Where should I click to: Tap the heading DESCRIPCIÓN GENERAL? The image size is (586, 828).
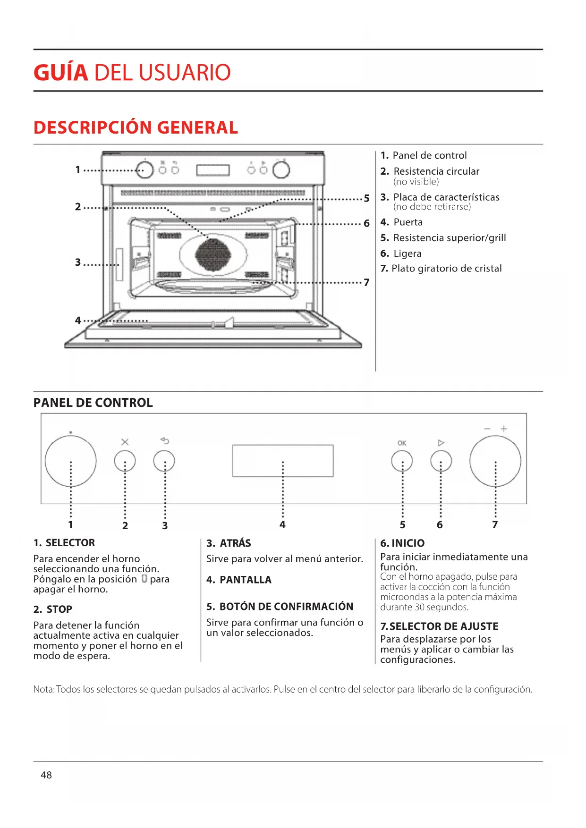click(136, 127)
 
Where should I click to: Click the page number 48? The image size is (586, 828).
click(46, 775)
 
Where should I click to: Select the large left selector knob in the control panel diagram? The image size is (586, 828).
click(70, 461)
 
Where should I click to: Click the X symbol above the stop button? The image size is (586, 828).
click(125, 442)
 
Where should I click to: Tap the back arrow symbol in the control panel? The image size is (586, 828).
click(164, 440)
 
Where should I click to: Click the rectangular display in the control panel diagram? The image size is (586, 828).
click(283, 460)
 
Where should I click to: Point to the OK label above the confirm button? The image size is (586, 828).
click(402, 443)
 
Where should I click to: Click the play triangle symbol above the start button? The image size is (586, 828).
click(441, 443)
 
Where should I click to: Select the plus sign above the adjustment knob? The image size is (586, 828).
click(504, 429)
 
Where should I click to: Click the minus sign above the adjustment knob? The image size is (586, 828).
click(487, 429)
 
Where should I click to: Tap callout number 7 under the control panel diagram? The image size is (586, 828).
click(495, 524)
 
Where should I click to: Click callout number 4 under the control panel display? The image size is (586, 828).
click(282, 524)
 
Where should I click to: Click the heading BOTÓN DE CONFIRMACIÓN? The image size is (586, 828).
click(286, 606)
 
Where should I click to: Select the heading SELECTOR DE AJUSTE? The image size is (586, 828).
click(443, 626)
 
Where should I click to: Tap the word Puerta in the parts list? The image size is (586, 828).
click(408, 222)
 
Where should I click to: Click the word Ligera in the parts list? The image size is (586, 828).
click(407, 253)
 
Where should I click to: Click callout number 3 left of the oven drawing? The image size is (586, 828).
click(78, 262)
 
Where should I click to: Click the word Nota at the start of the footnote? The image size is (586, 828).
click(43, 689)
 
